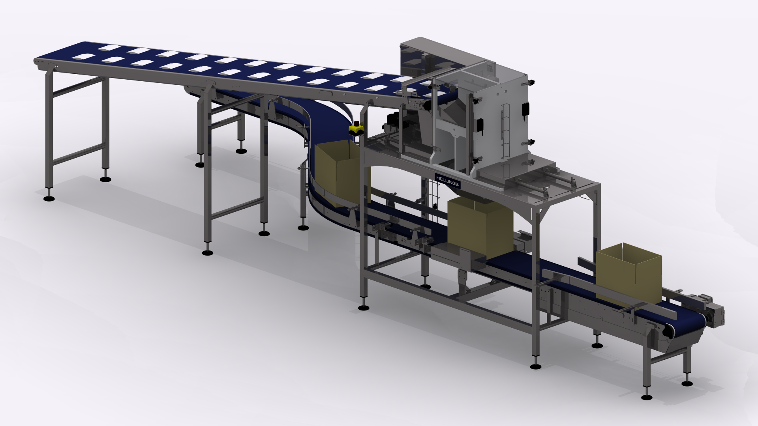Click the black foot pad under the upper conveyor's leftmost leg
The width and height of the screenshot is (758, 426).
[49, 198]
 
